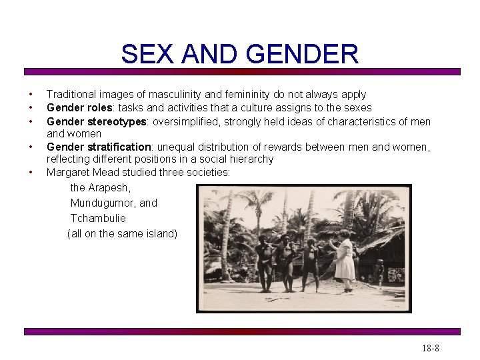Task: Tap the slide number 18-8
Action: tap(430, 348)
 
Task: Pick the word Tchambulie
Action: tap(98, 218)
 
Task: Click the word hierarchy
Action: tap(251, 159)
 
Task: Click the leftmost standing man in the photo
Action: tap(265, 263)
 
